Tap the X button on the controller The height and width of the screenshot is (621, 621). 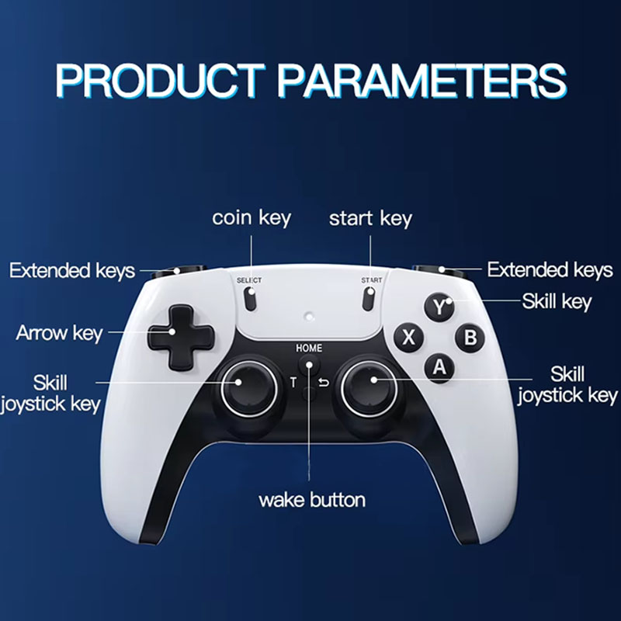coord(410,338)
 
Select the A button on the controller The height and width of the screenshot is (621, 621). coord(439,367)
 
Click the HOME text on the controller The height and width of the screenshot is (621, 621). coord(309,348)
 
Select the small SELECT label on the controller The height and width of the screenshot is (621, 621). coord(249,279)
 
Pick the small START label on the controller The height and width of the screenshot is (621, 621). coord(371,279)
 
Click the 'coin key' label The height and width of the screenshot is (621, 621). coord(252,218)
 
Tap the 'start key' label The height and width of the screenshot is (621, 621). coord(370,218)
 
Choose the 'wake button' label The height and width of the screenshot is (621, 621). coord(312,499)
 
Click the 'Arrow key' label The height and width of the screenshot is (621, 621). coord(59,334)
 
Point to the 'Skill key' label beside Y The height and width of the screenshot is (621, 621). coord(557,301)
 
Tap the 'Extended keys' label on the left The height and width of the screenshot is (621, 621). coord(72,271)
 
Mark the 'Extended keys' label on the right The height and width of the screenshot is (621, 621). coord(550,270)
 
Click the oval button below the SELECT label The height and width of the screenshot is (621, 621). coord(250,297)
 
